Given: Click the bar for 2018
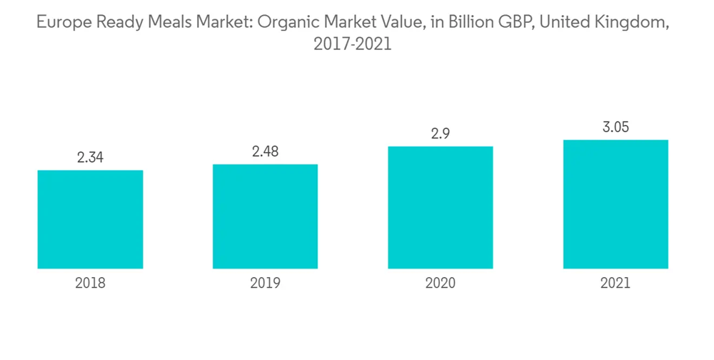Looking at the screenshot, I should click(x=90, y=219).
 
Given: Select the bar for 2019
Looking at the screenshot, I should click(x=265, y=216).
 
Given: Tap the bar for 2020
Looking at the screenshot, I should click(x=440, y=207).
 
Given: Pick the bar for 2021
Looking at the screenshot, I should click(x=615, y=204).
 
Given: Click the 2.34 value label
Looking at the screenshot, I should click(x=90, y=158).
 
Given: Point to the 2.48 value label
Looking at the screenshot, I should click(x=265, y=151).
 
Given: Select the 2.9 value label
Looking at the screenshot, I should click(x=440, y=134).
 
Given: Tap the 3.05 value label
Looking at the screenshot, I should click(x=615, y=127).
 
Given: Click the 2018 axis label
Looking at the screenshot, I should click(x=90, y=284).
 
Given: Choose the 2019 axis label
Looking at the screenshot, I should click(x=265, y=284).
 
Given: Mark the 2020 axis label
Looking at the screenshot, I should click(x=440, y=284).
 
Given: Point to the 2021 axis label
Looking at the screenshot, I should click(x=615, y=284).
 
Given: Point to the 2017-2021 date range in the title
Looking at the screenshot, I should click(x=353, y=44).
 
